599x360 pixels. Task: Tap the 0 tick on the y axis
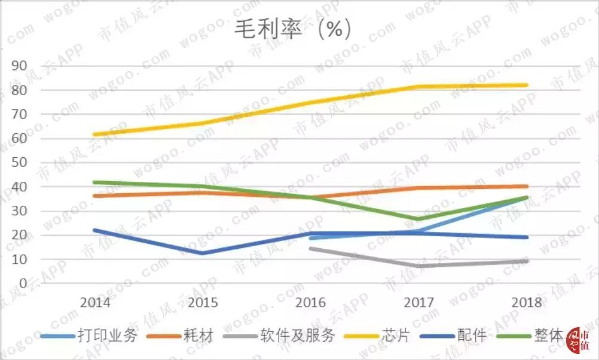pos(25,283)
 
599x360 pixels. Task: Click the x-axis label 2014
pos(95,302)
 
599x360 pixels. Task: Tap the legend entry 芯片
pos(398,335)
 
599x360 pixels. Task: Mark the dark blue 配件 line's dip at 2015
pos(203,253)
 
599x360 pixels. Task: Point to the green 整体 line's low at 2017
pos(418,219)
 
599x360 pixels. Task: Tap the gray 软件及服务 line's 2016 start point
pos(310,248)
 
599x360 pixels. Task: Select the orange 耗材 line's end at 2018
pos(525,186)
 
